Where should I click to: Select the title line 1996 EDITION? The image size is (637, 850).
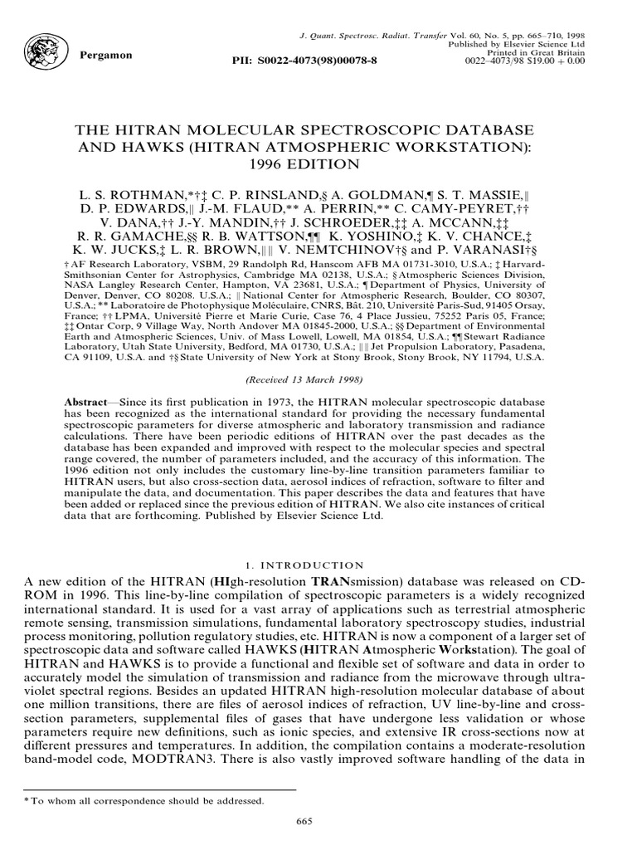[318, 164]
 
